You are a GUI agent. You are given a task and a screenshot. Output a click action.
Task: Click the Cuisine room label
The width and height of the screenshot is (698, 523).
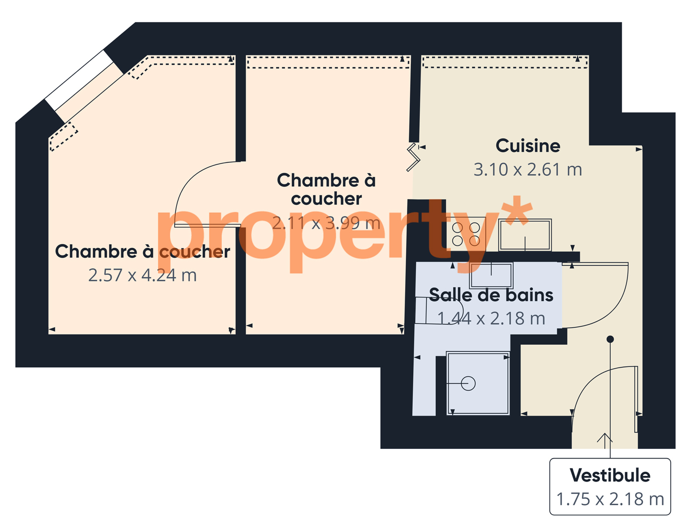tap(528, 146)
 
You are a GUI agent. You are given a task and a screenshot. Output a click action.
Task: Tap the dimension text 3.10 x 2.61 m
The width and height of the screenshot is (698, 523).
tap(528, 170)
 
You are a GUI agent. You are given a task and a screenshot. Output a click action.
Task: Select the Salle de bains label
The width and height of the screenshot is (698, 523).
tap(491, 295)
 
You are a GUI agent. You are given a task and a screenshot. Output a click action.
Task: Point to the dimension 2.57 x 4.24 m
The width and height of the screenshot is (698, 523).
tap(143, 275)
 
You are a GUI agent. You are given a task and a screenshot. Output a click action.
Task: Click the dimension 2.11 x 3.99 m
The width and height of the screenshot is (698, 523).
tap(326, 223)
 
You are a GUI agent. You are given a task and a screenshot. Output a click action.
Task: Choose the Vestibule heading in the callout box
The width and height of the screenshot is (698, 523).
tap(610, 475)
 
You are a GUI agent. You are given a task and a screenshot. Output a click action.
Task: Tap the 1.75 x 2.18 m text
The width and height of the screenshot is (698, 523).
tap(610, 499)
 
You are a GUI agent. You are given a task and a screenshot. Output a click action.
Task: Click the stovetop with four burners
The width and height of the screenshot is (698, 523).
tap(466, 234)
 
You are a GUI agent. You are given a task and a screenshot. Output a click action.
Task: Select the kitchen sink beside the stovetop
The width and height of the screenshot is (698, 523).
tap(525, 235)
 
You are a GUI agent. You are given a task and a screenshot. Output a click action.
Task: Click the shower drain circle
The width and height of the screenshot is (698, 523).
tap(468, 384)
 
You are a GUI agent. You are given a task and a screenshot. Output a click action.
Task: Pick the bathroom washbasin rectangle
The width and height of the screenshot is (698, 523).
tap(491, 275)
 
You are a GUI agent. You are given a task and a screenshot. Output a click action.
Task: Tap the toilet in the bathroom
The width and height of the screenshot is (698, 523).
tap(439, 310)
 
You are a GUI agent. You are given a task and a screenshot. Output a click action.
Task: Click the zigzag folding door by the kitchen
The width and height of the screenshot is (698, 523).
tap(413, 157)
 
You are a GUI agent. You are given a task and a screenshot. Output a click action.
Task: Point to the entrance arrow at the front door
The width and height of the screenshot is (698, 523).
tap(605, 441)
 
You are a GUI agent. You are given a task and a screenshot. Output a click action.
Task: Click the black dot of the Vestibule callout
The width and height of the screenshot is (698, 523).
tap(610, 339)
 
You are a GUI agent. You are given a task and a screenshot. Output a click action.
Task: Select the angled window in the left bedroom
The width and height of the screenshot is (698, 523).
tap(84, 86)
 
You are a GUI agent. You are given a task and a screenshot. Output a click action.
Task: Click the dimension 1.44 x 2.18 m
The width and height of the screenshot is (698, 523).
tap(491, 319)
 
